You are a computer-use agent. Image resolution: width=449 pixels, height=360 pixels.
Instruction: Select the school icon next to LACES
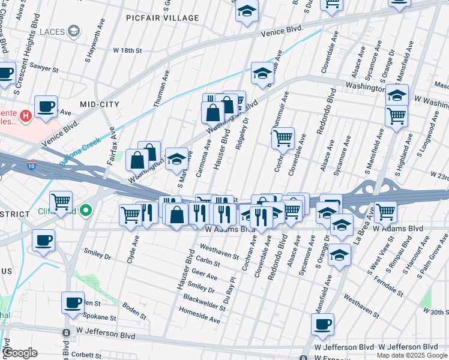click(73, 31)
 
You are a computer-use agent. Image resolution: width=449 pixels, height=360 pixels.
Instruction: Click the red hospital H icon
click(26, 115)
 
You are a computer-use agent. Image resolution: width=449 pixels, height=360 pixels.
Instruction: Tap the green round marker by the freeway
click(86, 211)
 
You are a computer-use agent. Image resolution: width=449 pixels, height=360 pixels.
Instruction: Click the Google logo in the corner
click(20, 353)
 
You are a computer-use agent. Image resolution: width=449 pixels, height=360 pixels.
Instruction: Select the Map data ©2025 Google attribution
click(412, 355)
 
